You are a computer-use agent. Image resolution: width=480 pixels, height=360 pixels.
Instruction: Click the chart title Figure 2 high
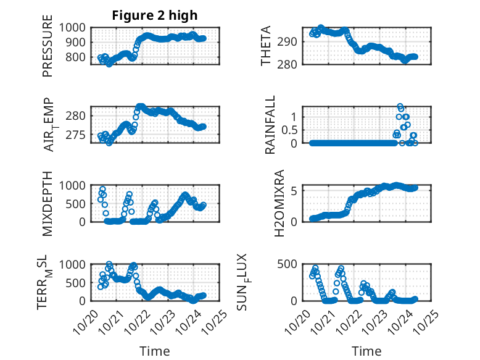pos(154,15)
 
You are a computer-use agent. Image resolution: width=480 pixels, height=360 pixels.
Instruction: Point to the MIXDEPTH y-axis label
pos(48,203)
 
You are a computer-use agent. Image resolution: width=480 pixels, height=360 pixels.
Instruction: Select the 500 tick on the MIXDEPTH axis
pos(77,203)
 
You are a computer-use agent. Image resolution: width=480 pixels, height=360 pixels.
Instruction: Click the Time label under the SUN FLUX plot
pos(366,351)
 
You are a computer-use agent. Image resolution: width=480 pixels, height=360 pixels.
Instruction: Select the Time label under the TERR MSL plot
pos(154,351)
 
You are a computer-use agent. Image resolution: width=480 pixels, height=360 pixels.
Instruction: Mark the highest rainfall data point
pos(400,107)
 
